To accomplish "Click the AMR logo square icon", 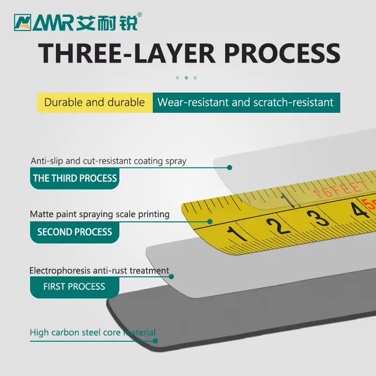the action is [23, 23].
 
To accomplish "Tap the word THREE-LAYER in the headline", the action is [127, 54].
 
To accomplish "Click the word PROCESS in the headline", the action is [282, 54].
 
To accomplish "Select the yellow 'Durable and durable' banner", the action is [95, 103].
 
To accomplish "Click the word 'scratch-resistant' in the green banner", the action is [293, 103].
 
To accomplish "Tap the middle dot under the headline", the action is [186, 78].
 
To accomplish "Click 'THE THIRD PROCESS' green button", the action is [75, 178].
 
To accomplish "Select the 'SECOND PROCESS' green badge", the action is [75, 232].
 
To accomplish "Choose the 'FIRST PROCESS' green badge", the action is [75, 287].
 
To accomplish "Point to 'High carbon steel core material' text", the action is [92, 332].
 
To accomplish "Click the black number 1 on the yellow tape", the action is [236, 234].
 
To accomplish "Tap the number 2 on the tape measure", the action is [278, 226].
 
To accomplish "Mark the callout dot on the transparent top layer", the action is [229, 168].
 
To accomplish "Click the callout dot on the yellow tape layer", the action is [210, 221].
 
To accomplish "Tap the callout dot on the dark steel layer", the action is [155, 341].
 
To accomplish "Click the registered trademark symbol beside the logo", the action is [139, 15].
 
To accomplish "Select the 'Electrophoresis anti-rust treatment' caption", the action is [99, 271].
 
